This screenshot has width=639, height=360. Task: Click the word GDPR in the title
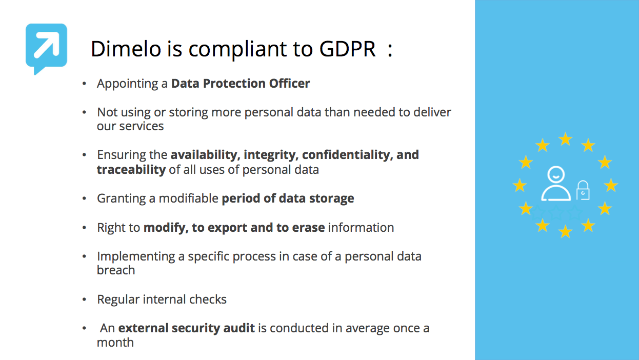(x=347, y=49)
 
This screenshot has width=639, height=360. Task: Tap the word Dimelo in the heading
(x=126, y=49)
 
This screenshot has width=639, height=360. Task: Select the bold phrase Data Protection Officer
(x=241, y=84)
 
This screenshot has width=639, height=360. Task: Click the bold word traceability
(x=131, y=170)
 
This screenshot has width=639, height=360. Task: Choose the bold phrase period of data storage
(x=288, y=198)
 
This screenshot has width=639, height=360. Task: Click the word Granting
(x=121, y=199)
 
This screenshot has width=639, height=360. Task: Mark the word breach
(x=116, y=270)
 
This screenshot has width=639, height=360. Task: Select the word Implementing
(x=136, y=257)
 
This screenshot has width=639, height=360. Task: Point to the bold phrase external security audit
(x=186, y=328)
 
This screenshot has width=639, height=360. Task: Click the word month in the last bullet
(x=115, y=343)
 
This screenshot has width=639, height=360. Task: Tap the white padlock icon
(x=583, y=190)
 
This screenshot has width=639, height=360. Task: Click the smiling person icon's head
(x=556, y=174)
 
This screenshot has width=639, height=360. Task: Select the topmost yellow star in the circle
(x=565, y=139)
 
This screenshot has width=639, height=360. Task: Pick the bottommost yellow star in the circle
(x=565, y=231)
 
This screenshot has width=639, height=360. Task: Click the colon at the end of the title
(x=390, y=50)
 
